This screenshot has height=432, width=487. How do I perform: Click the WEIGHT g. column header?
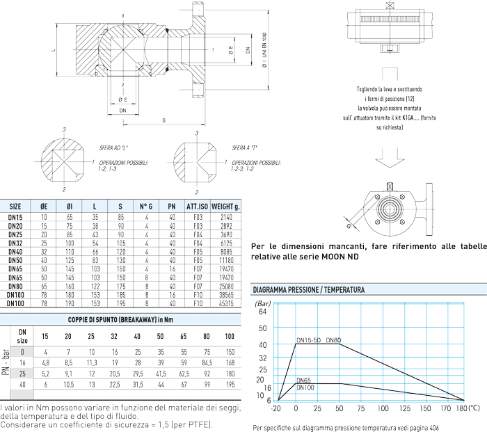[x=225, y=207]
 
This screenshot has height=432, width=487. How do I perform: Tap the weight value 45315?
[x=225, y=304]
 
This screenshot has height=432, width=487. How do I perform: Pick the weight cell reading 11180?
[x=225, y=259]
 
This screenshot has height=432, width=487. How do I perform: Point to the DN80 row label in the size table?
[x=15, y=286]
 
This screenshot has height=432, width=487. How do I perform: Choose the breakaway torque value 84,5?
[x=207, y=362]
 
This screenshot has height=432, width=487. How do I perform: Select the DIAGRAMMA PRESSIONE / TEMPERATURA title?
[x=308, y=289]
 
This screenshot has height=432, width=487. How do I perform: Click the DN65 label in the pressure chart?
[x=304, y=380]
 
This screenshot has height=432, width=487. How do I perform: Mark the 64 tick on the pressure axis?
[x=262, y=312]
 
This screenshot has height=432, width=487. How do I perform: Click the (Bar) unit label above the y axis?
[x=263, y=303]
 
